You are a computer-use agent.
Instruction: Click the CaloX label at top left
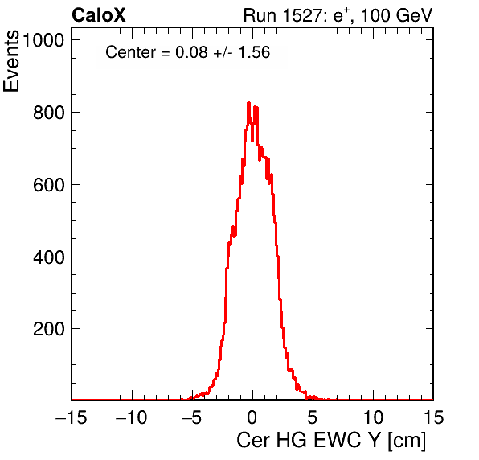(99, 15)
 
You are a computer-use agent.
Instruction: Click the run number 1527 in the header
(302, 15)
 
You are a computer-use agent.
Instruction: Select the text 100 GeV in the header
(397, 15)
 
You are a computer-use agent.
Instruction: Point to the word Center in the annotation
(130, 52)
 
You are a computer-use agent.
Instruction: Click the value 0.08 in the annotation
(191, 52)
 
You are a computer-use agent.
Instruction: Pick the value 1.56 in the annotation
(254, 52)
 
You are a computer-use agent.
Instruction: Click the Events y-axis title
(11, 61)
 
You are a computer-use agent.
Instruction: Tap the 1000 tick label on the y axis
(43, 40)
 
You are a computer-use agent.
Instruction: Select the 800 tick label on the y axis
(49, 113)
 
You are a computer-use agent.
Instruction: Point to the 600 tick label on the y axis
(49, 185)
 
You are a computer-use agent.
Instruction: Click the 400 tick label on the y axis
(49, 257)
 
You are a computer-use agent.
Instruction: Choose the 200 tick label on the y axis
(49, 329)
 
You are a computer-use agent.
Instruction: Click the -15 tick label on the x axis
(72, 417)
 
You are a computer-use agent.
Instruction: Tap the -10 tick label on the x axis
(132, 417)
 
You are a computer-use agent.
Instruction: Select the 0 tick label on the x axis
(252, 417)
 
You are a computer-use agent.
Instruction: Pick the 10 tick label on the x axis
(373, 417)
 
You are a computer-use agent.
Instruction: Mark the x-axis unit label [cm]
(407, 441)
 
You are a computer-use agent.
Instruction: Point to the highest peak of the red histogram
(248, 103)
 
